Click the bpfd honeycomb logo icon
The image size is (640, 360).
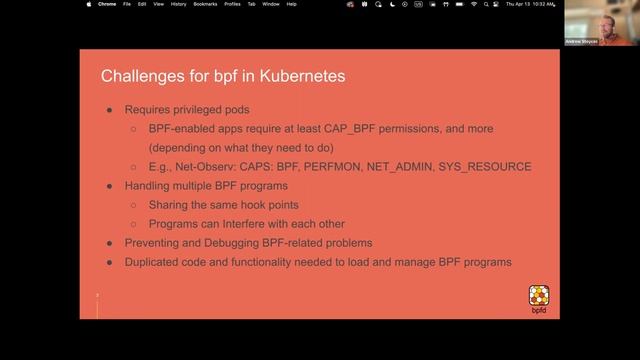(539, 294)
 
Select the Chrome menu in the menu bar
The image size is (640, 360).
(107, 4)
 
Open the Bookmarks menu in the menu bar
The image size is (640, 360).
(205, 4)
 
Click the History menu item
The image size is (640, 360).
(178, 4)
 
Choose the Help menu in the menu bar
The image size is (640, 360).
(291, 4)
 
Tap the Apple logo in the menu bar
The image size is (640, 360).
(88, 4)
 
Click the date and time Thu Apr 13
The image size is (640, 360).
(519, 4)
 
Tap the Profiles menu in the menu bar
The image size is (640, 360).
(233, 4)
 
